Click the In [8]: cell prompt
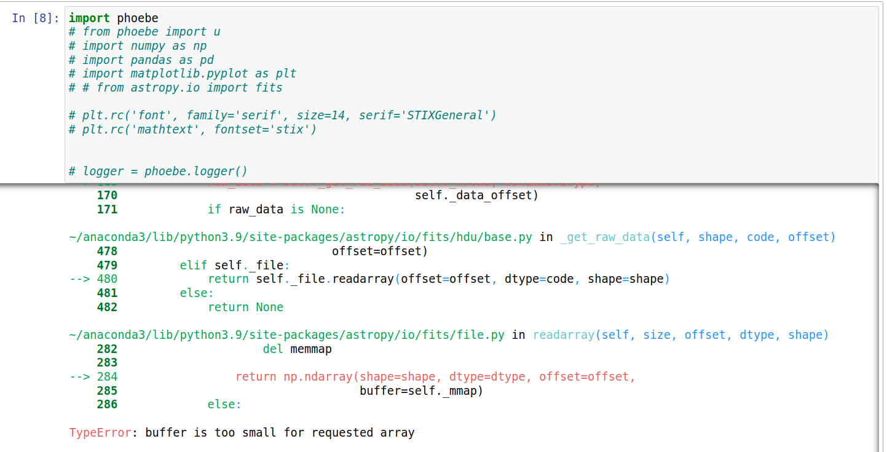click(x=35, y=18)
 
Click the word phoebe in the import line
click(x=138, y=18)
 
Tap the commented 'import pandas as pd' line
click(x=141, y=60)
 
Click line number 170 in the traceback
click(x=107, y=196)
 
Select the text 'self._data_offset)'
click(x=476, y=196)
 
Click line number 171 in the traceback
click(x=107, y=210)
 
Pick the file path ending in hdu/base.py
click(x=301, y=237)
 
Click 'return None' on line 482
click(x=245, y=307)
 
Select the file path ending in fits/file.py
click(x=286, y=335)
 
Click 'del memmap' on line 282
click(x=297, y=349)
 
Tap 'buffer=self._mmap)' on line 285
click(x=421, y=391)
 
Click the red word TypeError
click(x=100, y=433)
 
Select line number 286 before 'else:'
click(x=107, y=405)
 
